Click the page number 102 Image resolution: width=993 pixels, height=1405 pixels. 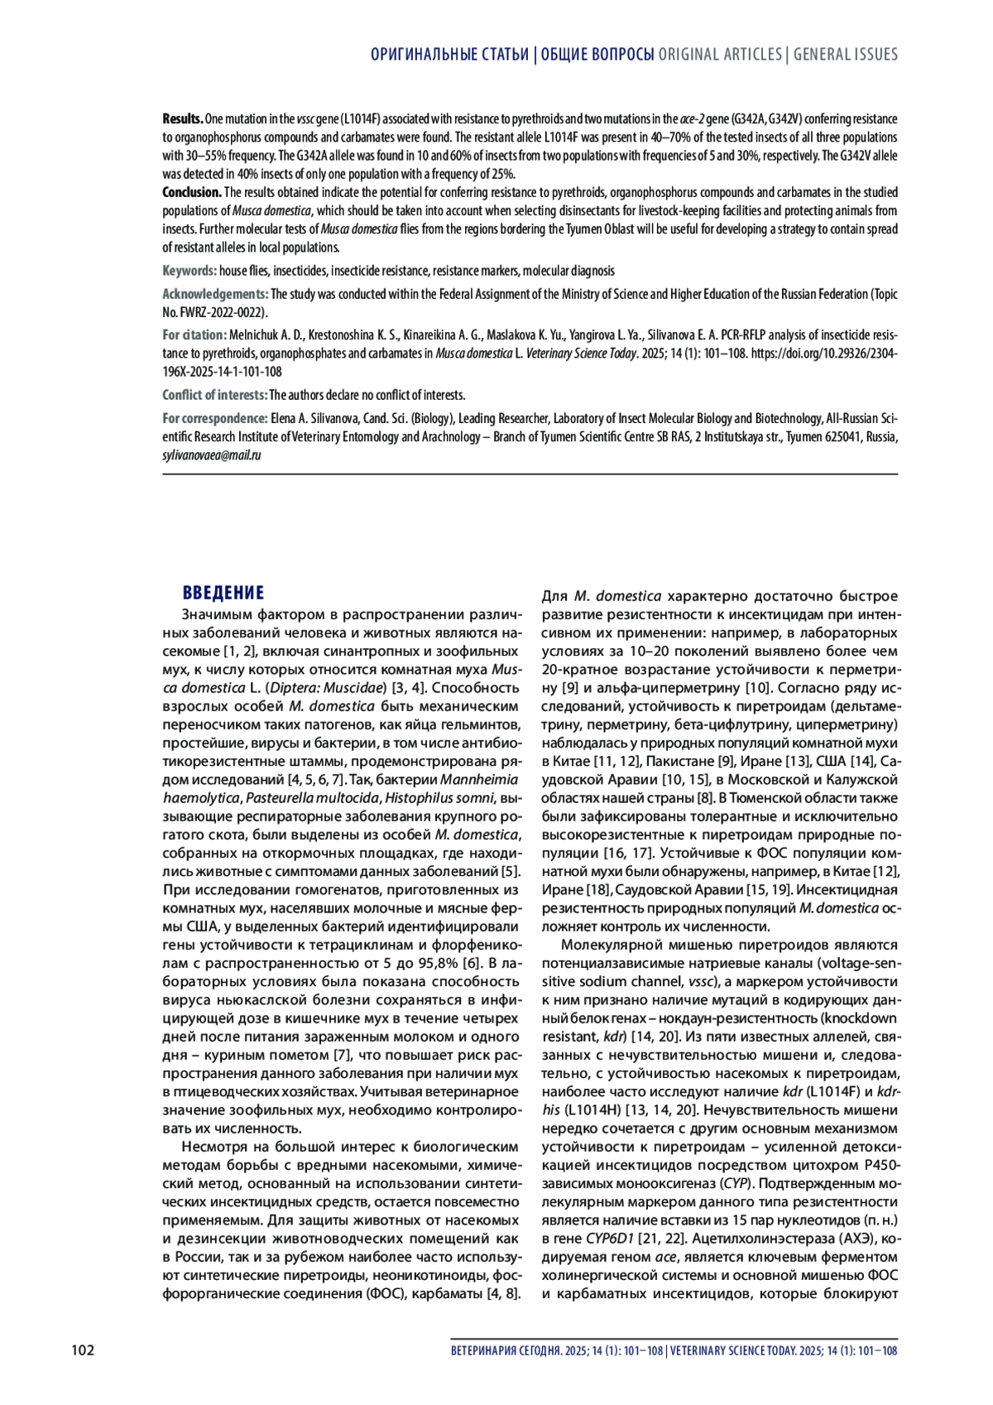(x=83, y=1350)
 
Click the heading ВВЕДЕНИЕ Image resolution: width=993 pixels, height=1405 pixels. (x=223, y=593)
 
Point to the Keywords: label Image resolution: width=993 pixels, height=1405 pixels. (x=189, y=271)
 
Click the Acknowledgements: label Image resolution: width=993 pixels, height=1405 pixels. (x=215, y=294)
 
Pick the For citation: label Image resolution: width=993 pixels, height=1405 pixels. (x=194, y=335)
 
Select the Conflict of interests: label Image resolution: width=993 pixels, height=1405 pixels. (x=214, y=395)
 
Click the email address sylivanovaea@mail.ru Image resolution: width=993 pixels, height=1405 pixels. (x=212, y=455)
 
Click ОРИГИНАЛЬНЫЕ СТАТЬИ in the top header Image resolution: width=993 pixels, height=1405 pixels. (x=449, y=55)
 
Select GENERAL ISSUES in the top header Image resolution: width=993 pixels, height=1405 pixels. (x=845, y=55)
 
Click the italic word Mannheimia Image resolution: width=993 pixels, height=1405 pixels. (x=479, y=779)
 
